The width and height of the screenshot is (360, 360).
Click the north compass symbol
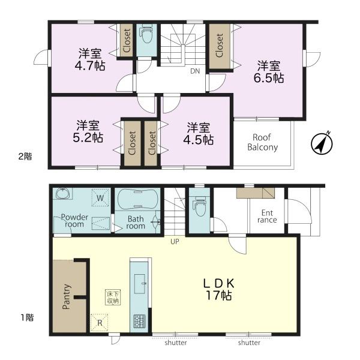coord(322,144)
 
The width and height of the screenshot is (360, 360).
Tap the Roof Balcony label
coord(262,142)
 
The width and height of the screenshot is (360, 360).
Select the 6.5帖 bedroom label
coord(269,71)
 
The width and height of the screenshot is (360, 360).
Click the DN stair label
coord(195,71)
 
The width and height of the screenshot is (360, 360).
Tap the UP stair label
coord(175,242)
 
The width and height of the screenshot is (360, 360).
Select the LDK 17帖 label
coord(219,289)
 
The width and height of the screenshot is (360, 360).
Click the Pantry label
coord(66,296)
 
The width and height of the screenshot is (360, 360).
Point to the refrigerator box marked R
coord(100,323)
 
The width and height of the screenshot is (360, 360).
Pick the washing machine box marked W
coord(100,197)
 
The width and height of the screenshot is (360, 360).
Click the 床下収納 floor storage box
coord(113,298)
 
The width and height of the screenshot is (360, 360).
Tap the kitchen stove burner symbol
coord(140,322)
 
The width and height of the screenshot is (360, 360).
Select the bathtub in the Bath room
coord(137,199)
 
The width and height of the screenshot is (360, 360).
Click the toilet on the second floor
coord(146,35)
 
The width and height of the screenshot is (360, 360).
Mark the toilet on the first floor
coord(199,206)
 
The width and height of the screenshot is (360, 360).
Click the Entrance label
coord(267,216)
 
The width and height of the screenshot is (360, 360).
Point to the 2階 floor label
coord(25,157)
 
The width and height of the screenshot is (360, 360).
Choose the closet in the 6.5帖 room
coord(220,46)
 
